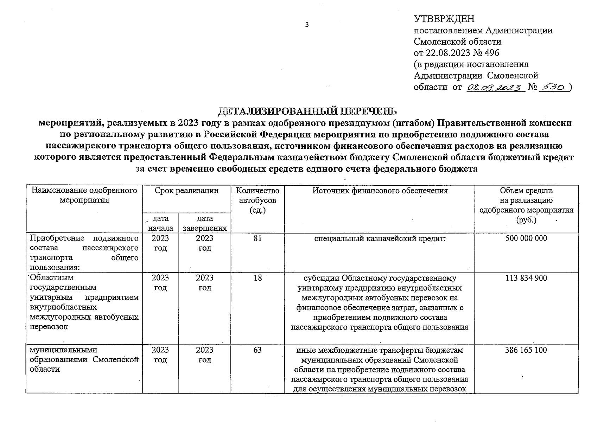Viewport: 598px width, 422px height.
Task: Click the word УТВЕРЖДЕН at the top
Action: coord(444,19)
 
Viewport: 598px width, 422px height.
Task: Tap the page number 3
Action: coord(307,25)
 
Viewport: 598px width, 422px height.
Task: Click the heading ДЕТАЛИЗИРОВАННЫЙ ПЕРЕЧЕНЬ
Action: coord(307,111)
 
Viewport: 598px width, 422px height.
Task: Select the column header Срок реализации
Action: coord(186,191)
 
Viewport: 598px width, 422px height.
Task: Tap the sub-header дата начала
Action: coord(160,223)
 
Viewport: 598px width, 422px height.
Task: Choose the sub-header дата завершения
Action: coord(205,223)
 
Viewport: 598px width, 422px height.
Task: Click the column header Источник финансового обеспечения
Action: coord(380,191)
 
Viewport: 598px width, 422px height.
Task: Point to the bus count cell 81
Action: coord(257,238)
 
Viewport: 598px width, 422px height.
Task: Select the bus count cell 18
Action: coord(257,278)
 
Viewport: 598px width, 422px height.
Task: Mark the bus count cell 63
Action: coord(257,350)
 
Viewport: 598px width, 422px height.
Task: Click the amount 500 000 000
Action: coord(526,238)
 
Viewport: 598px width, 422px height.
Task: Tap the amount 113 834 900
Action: coord(526,278)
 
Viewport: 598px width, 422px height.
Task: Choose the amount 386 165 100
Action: coord(526,350)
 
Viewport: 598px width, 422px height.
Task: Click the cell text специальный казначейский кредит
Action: coord(380,238)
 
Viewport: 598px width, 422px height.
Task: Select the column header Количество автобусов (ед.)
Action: coord(257,200)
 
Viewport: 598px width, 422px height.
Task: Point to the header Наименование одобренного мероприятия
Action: coord(84,195)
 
